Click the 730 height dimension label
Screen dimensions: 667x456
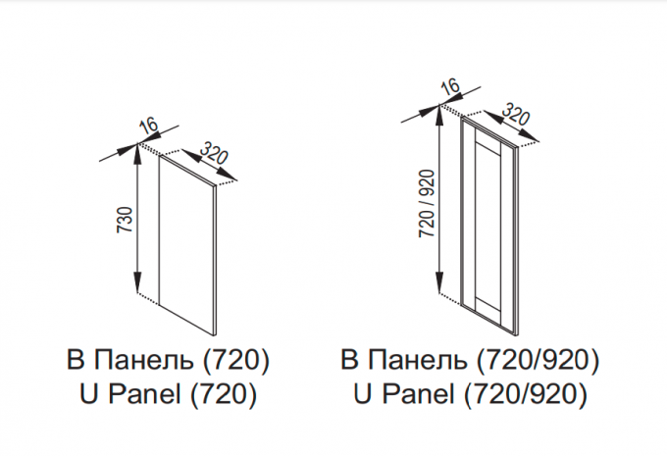coord(126,220)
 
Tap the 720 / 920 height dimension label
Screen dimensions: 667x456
coord(427,203)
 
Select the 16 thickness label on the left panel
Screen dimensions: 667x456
coord(148,127)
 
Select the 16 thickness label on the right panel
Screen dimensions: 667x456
coord(450,85)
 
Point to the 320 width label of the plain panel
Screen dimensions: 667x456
coord(214,153)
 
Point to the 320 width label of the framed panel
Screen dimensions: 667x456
coord(516,113)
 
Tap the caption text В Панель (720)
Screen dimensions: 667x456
coord(168,360)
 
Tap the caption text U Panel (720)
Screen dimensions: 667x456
coord(168,394)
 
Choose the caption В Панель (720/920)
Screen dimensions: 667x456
coord(470,360)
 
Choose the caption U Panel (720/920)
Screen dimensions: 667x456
coord(470,394)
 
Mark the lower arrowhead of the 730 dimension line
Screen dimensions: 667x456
coord(137,281)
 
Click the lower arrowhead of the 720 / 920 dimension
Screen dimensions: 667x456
coord(439,282)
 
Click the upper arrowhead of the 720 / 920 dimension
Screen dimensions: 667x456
coord(439,115)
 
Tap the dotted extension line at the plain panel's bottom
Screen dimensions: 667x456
coord(148,299)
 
